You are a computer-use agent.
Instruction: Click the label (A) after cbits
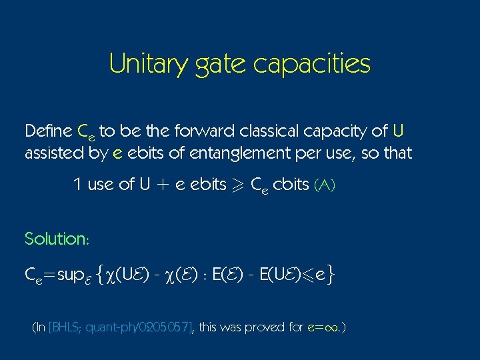(324, 185)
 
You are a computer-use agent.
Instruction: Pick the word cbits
(290, 185)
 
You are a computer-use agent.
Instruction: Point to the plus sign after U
(160, 185)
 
